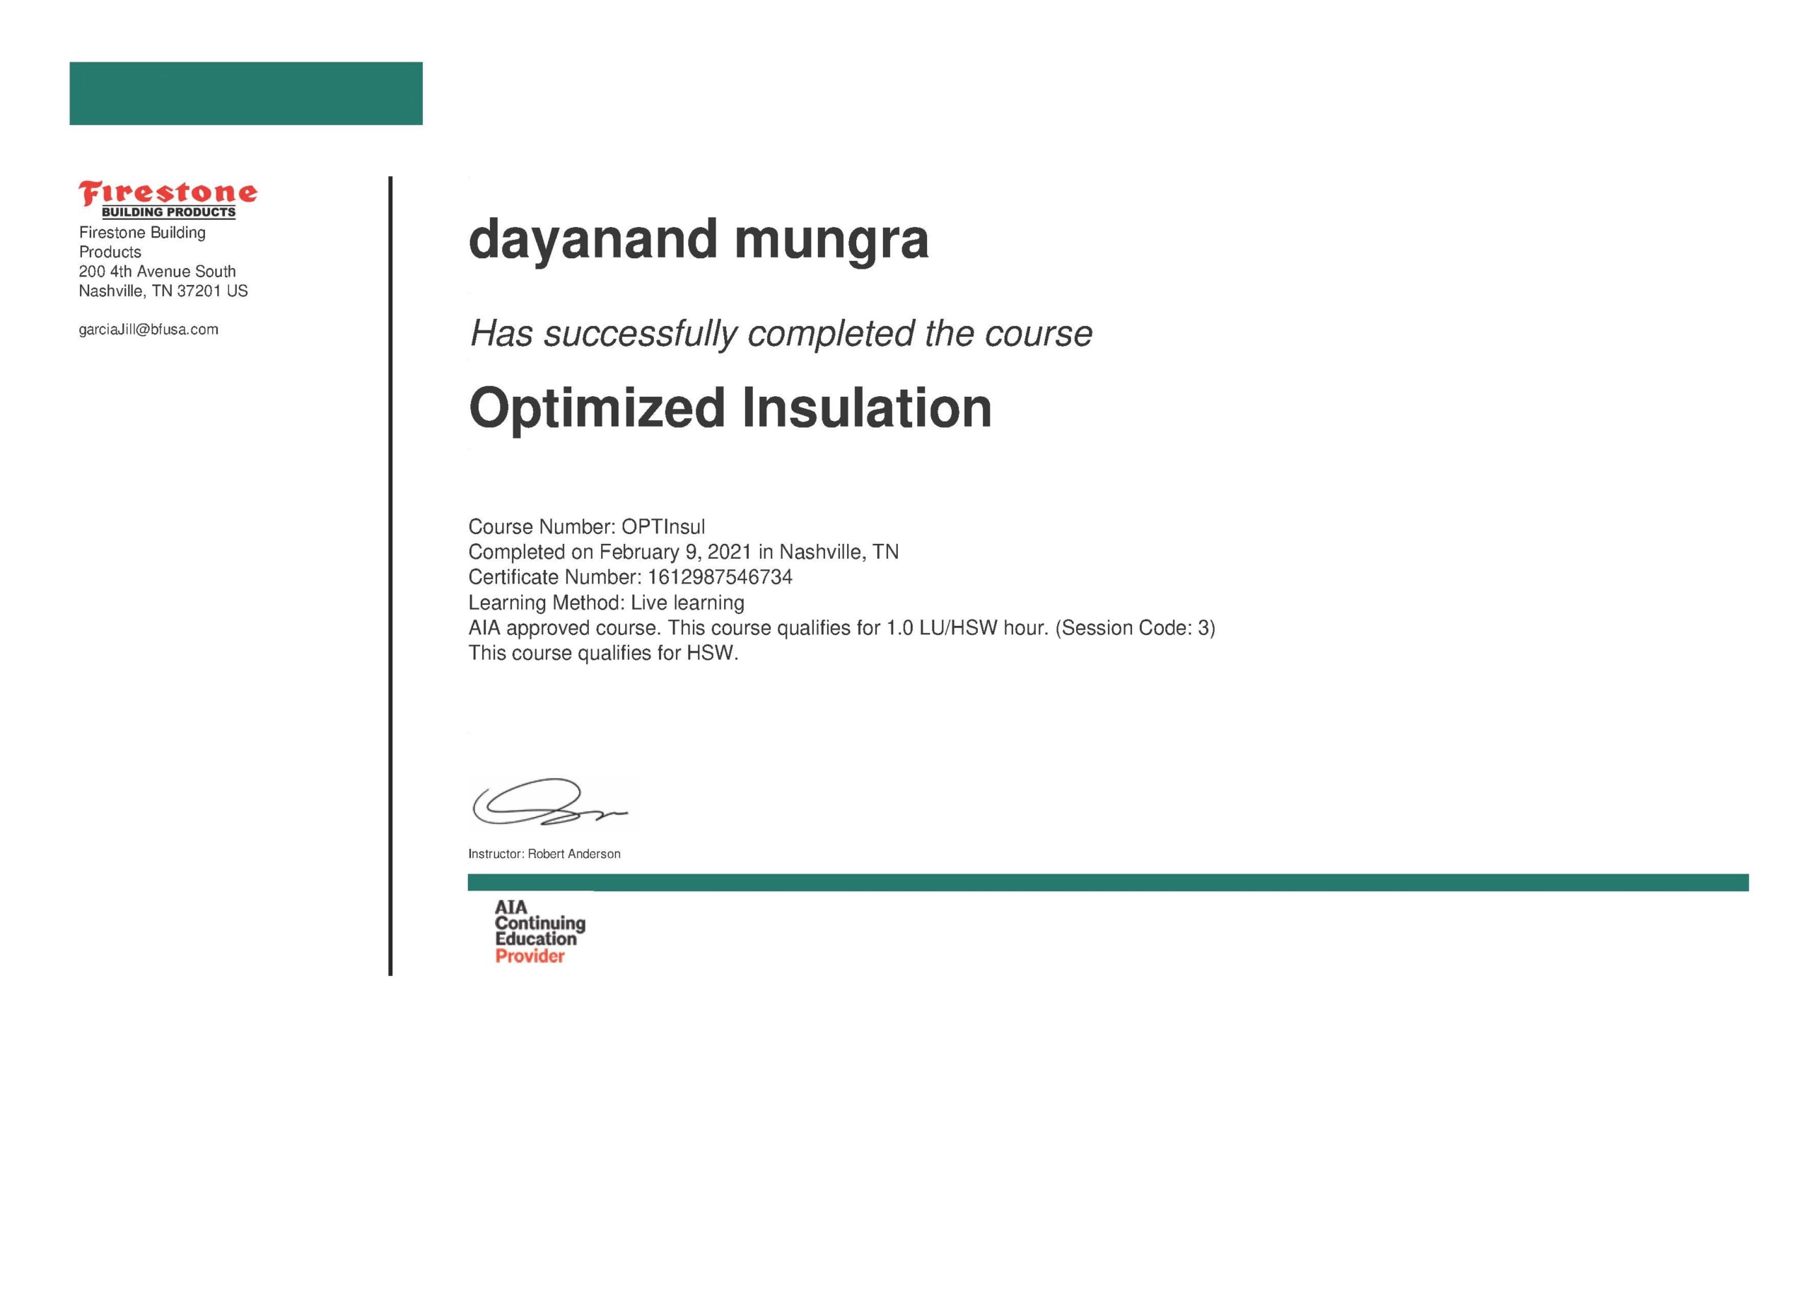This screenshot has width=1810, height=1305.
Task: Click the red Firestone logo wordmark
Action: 168,192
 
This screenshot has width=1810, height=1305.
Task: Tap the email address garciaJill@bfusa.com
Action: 148,330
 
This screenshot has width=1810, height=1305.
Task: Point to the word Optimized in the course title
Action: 596,410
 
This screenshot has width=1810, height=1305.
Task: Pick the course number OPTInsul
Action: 663,527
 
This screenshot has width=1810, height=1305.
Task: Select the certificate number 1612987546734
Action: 720,577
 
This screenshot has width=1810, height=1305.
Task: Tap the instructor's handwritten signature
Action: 549,802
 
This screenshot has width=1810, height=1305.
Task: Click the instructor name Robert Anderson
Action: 574,854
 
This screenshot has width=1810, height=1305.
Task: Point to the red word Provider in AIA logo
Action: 530,956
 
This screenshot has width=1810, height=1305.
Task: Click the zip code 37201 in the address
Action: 199,291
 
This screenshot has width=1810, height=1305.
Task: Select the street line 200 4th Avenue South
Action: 157,272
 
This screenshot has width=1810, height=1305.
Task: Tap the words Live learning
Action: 687,603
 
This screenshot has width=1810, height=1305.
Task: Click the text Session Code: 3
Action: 1135,628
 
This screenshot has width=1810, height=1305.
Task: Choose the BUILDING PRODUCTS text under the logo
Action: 168,212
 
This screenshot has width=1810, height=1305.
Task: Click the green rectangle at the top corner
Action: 246,93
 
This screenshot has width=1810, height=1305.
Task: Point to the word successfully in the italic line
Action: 640,335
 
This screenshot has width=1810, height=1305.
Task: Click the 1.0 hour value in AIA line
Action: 899,628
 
